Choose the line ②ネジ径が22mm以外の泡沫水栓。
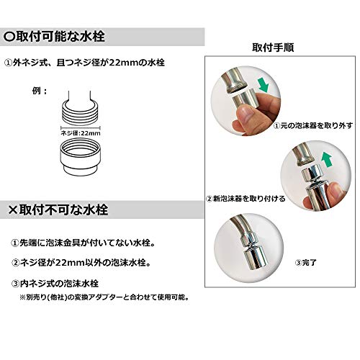pos(91,261)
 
